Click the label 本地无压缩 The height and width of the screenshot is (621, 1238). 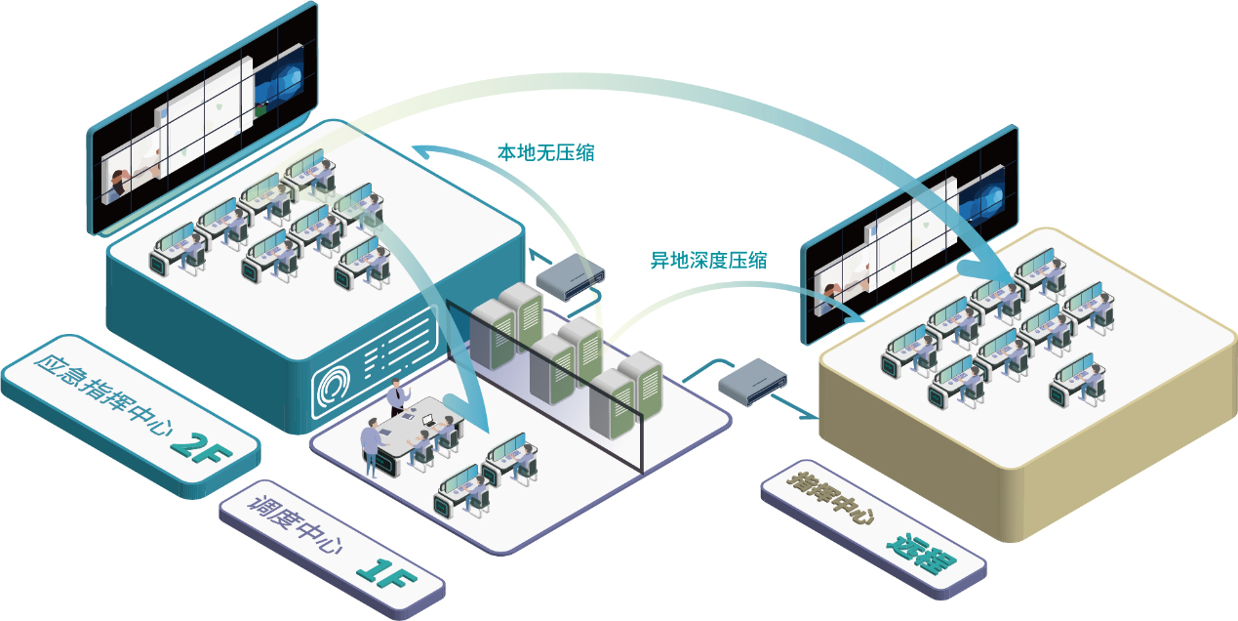[x=546, y=153]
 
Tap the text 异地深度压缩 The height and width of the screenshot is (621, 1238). [x=708, y=260]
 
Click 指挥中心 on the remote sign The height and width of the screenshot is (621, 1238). [x=830, y=500]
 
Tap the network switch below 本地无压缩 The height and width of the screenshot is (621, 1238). [x=573, y=276]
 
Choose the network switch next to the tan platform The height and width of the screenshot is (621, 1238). [x=753, y=379]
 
